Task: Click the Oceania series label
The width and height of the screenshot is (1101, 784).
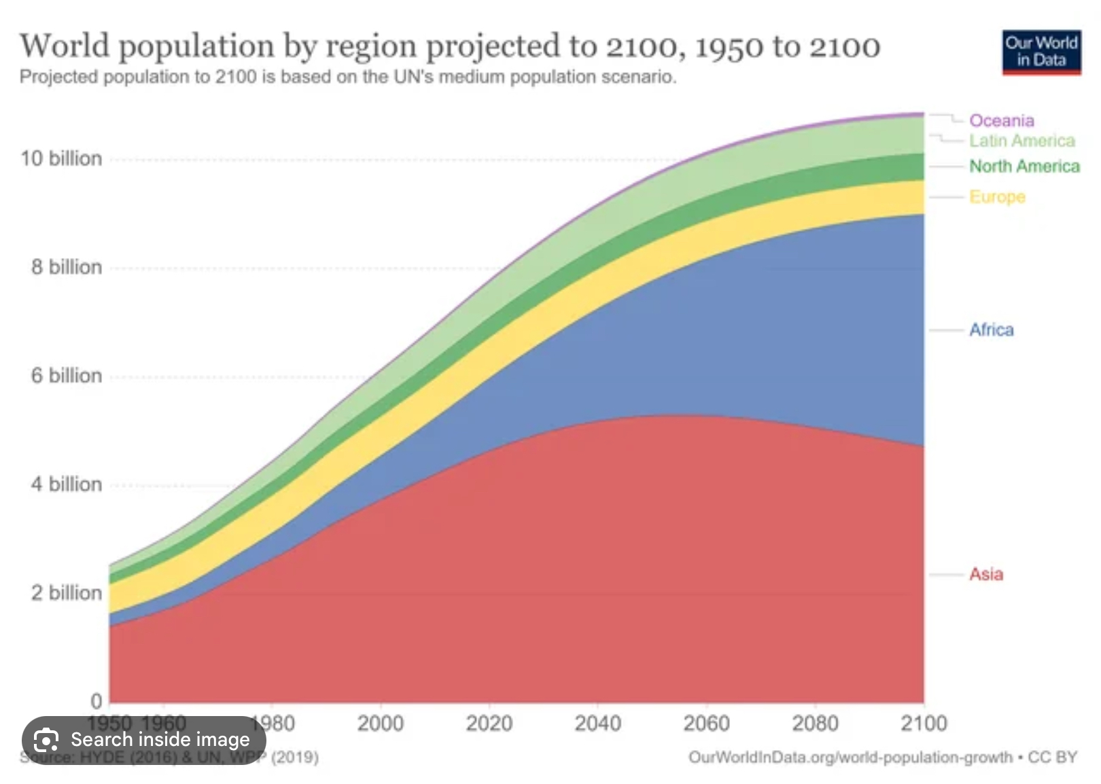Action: click(x=1001, y=121)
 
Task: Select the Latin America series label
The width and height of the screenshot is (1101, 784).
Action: click(x=1021, y=141)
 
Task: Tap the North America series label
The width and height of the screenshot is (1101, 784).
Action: click(x=1024, y=166)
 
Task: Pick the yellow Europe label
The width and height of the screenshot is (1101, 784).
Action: click(x=997, y=197)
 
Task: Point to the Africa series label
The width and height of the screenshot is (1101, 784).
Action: click(x=991, y=330)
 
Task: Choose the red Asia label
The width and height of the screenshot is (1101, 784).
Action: click(x=985, y=575)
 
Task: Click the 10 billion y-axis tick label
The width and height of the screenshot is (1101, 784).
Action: click(x=61, y=159)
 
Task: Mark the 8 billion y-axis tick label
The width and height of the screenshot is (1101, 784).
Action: click(x=66, y=267)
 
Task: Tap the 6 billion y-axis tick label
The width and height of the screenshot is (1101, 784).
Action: click(x=66, y=376)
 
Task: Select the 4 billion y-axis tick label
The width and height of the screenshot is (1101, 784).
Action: click(x=66, y=484)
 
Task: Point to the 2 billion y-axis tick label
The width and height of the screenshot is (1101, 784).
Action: click(x=66, y=593)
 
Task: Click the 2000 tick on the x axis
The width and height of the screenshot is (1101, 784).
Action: click(x=381, y=724)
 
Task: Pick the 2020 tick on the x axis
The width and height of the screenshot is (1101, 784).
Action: click(x=489, y=724)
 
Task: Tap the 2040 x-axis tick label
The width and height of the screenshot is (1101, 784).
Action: click(x=597, y=724)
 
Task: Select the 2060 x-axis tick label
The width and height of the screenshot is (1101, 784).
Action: click(x=706, y=724)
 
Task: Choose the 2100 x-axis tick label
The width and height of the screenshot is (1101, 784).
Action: click(x=924, y=724)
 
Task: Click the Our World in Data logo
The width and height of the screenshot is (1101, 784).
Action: click(x=1041, y=52)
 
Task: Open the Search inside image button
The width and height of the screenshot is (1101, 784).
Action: click(x=144, y=740)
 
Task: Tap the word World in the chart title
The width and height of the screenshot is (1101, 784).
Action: click(x=65, y=46)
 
